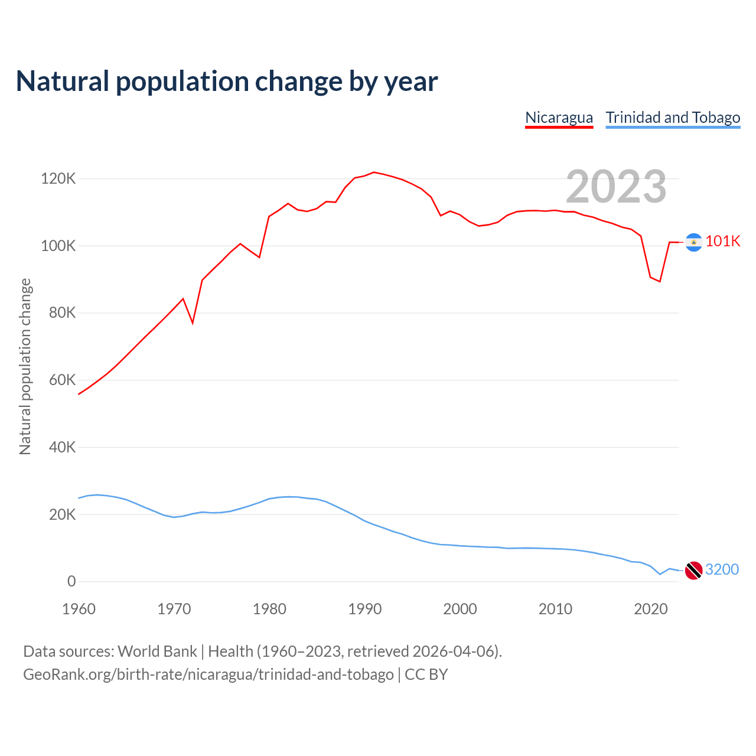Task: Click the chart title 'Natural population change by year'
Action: click(x=227, y=82)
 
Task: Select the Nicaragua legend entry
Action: click(x=559, y=118)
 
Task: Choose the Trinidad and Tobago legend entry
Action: click(x=673, y=118)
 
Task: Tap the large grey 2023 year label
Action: click(x=616, y=187)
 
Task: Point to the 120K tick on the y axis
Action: click(x=58, y=178)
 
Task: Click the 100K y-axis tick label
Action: click(x=58, y=246)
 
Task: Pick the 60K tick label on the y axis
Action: click(x=62, y=380)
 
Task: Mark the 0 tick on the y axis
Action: click(x=71, y=581)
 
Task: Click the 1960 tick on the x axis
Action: click(x=79, y=609)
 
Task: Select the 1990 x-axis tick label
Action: click(x=365, y=609)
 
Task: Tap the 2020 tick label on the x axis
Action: click(x=650, y=609)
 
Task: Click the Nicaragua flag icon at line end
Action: click(x=693, y=242)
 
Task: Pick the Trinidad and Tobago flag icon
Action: click(x=693, y=571)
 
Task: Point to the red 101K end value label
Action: click(x=723, y=241)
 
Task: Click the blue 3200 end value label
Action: click(x=722, y=569)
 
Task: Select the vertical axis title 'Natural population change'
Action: click(x=25, y=366)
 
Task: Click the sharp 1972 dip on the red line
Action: click(x=193, y=322)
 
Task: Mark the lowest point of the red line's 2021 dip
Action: click(x=660, y=281)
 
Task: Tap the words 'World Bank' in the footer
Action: click(x=157, y=651)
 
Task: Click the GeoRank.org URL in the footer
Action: click(x=208, y=674)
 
